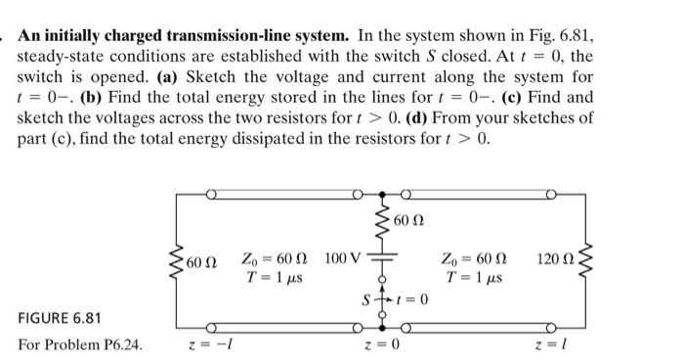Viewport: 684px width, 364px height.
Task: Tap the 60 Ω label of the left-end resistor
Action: coord(202,262)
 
